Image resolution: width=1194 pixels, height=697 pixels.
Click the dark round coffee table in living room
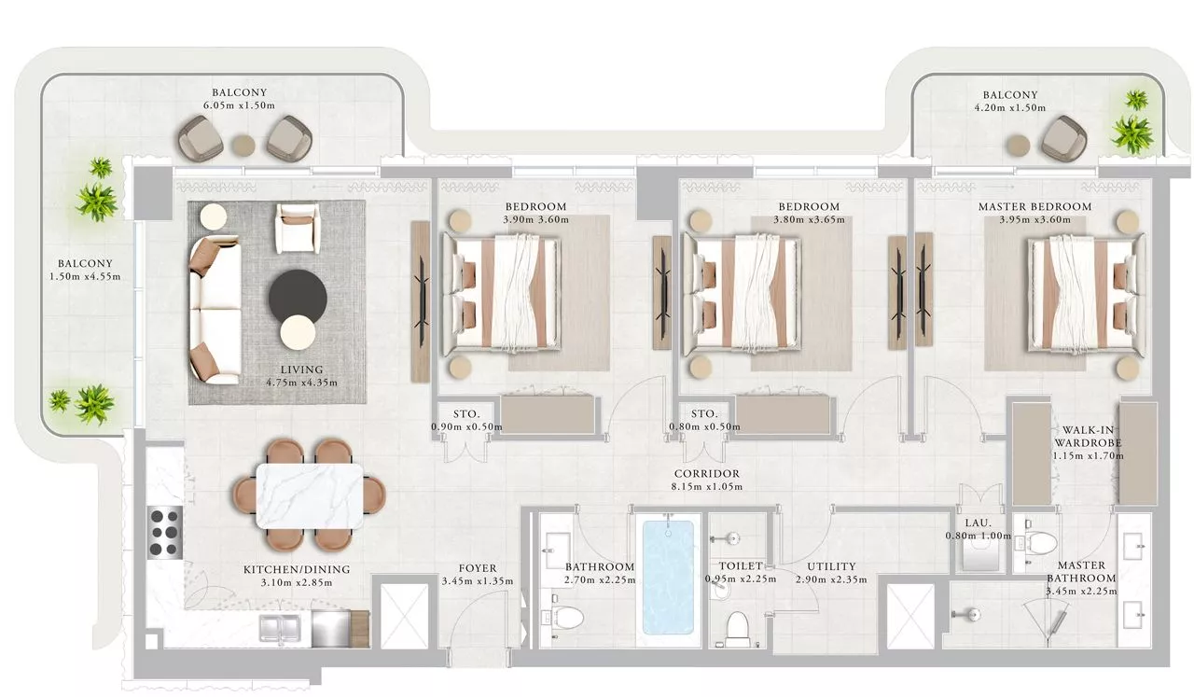click(x=298, y=298)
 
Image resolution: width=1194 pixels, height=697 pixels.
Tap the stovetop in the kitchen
click(x=164, y=532)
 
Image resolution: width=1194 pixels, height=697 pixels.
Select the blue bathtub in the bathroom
click(x=669, y=577)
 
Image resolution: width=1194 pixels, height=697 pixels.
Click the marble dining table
click(x=310, y=496)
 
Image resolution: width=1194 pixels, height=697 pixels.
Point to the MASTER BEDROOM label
click(x=1034, y=206)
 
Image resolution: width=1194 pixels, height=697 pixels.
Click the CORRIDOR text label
click(x=707, y=474)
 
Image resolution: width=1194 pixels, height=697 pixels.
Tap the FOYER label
click(x=478, y=568)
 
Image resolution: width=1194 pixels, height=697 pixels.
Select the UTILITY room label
click(x=831, y=566)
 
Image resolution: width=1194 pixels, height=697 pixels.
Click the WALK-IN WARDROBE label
click(x=1088, y=437)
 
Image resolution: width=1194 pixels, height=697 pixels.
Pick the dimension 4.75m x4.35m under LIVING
click(x=301, y=383)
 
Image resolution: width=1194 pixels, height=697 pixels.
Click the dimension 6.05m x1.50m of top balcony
click(x=240, y=105)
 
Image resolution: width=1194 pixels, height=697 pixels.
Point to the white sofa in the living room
click(x=215, y=311)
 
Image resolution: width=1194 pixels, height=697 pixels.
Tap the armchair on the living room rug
click(x=298, y=229)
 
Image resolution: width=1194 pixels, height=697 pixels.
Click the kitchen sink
click(x=279, y=628)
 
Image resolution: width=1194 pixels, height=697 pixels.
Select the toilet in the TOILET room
click(x=738, y=629)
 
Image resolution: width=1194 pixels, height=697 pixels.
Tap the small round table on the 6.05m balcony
click(x=243, y=145)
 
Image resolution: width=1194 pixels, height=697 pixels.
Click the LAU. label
click(x=979, y=523)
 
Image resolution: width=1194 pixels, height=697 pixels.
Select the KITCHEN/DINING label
click(x=297, y=569)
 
